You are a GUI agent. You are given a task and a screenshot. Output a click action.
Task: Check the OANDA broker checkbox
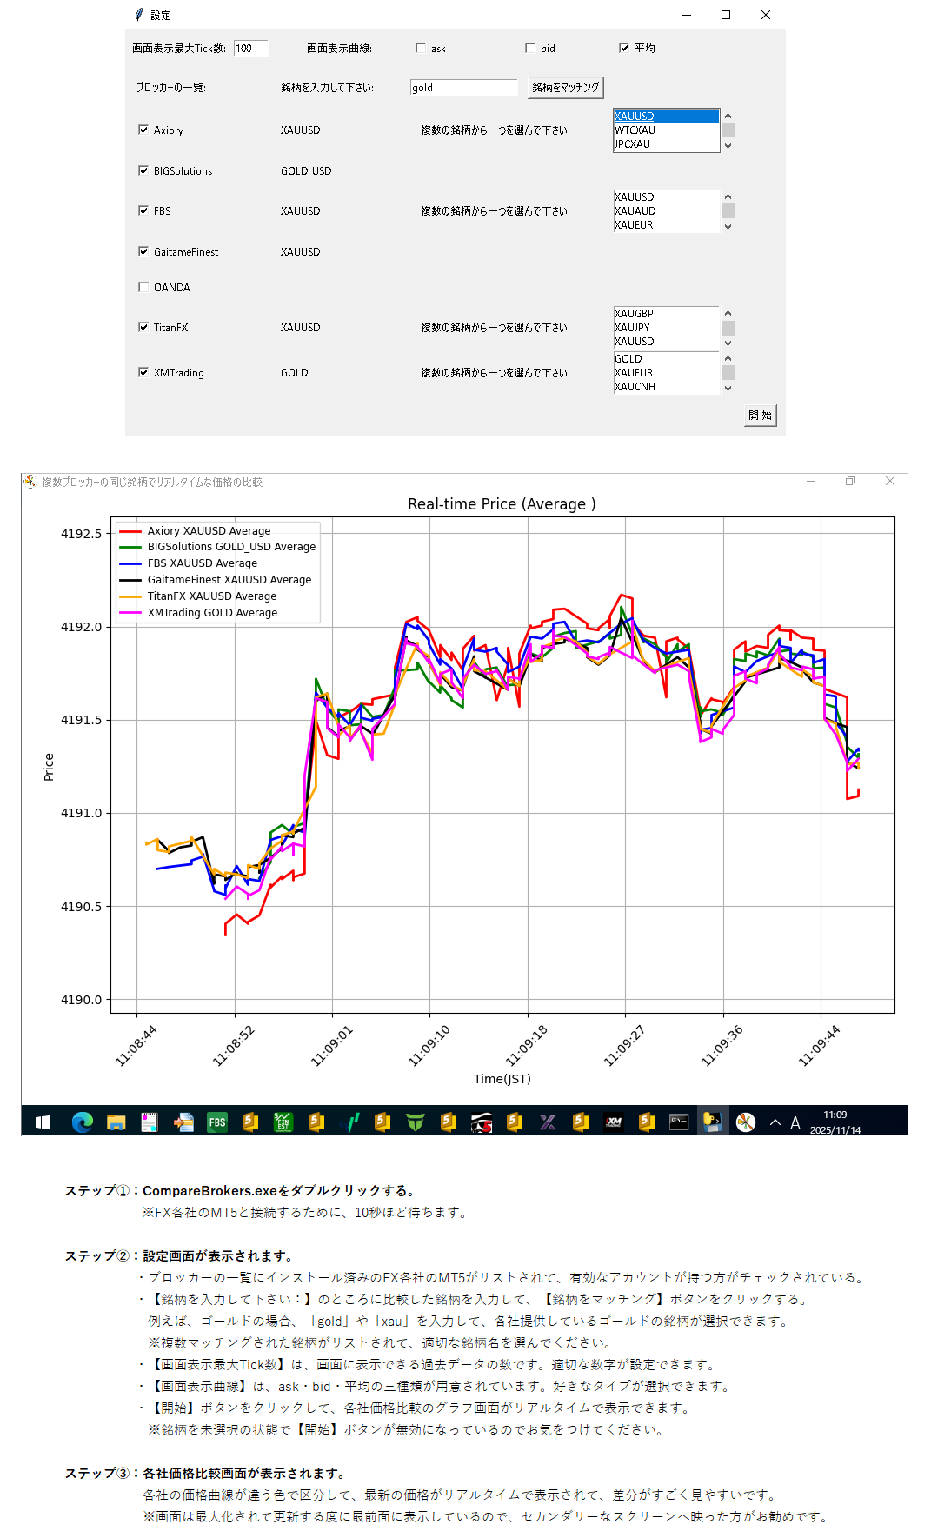144,287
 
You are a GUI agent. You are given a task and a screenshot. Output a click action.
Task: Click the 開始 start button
761,415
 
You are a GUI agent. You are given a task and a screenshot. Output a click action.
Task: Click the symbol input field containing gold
463,87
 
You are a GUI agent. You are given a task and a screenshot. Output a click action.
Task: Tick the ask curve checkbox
422,48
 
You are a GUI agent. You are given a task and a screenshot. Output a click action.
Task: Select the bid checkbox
530,48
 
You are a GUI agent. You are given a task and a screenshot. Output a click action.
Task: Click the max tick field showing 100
250,48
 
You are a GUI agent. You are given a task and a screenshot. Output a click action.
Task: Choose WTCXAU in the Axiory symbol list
635,130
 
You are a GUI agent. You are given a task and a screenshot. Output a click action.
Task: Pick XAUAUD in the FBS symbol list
635,211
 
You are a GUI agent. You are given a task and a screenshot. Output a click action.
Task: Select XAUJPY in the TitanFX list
633,328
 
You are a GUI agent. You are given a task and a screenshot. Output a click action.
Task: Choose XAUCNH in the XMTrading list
635,387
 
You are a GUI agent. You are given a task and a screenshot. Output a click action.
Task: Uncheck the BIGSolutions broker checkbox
144,170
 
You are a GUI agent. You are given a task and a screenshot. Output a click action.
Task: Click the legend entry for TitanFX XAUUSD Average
212,596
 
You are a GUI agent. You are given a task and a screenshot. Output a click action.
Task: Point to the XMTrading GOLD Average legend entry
212,613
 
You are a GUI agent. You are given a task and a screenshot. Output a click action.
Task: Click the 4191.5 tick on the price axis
81,720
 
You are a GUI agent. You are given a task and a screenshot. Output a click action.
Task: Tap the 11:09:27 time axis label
624,1046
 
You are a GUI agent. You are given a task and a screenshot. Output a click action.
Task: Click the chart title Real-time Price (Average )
502,504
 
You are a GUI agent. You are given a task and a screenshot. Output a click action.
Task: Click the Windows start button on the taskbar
42,1122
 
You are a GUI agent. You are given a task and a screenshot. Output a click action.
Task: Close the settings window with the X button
765,15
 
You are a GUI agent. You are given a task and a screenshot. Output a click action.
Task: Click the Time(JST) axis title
502,1079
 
